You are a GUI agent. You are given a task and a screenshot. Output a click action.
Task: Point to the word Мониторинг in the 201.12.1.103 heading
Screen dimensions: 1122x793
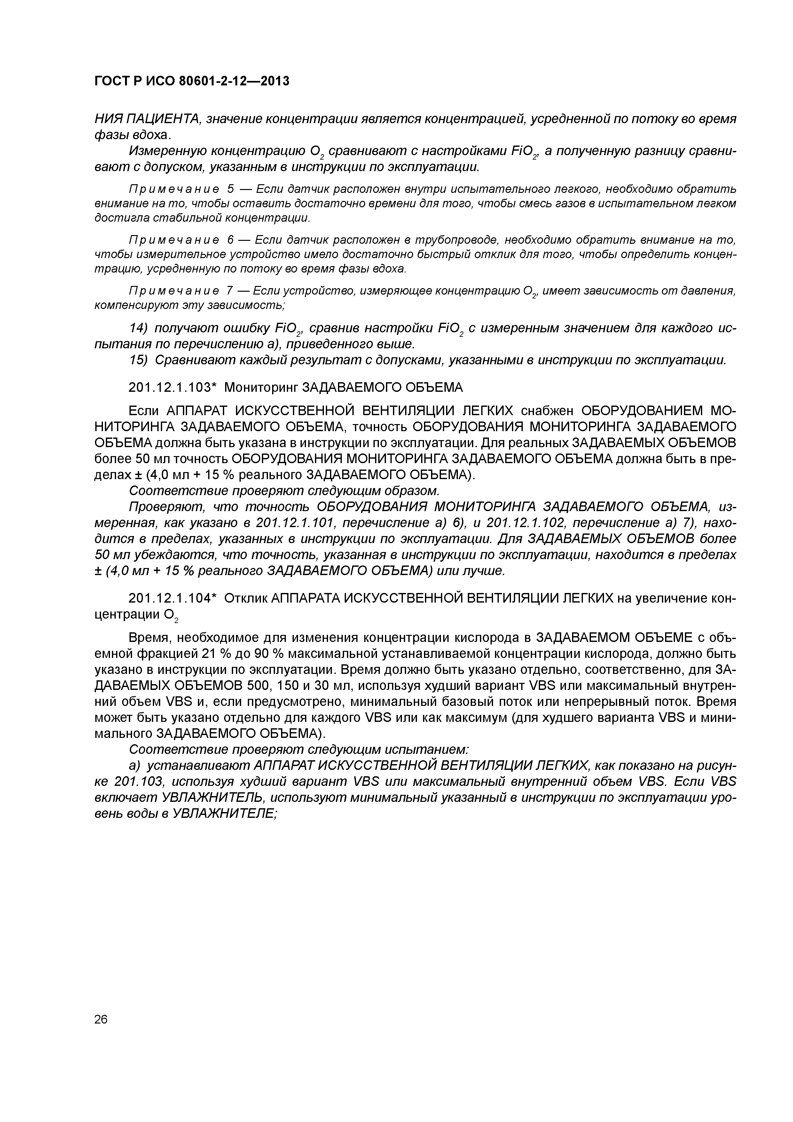tap(261, 388)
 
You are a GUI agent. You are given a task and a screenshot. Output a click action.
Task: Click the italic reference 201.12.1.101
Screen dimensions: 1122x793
tap(295, 523)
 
